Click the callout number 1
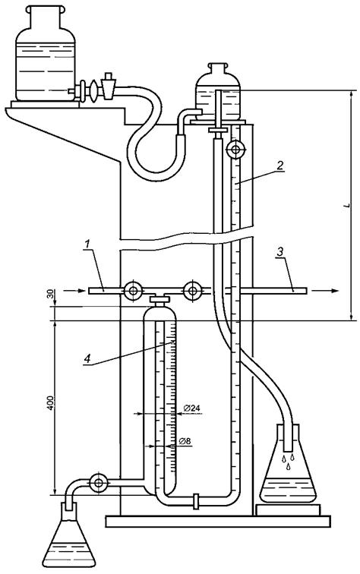(87, 252)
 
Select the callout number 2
(279, 165)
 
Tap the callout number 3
(279, 252)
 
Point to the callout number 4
(87, 358)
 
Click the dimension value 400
(51, 402)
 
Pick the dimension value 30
(51, 294)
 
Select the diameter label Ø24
(191, 408)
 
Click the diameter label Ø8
(185, 441)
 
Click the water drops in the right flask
(288, 462)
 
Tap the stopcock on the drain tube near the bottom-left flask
(98, 483)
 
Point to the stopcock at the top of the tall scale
(235, 150)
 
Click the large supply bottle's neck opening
(46, 10)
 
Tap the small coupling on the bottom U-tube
(196, 501)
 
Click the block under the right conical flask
(288, 509)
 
